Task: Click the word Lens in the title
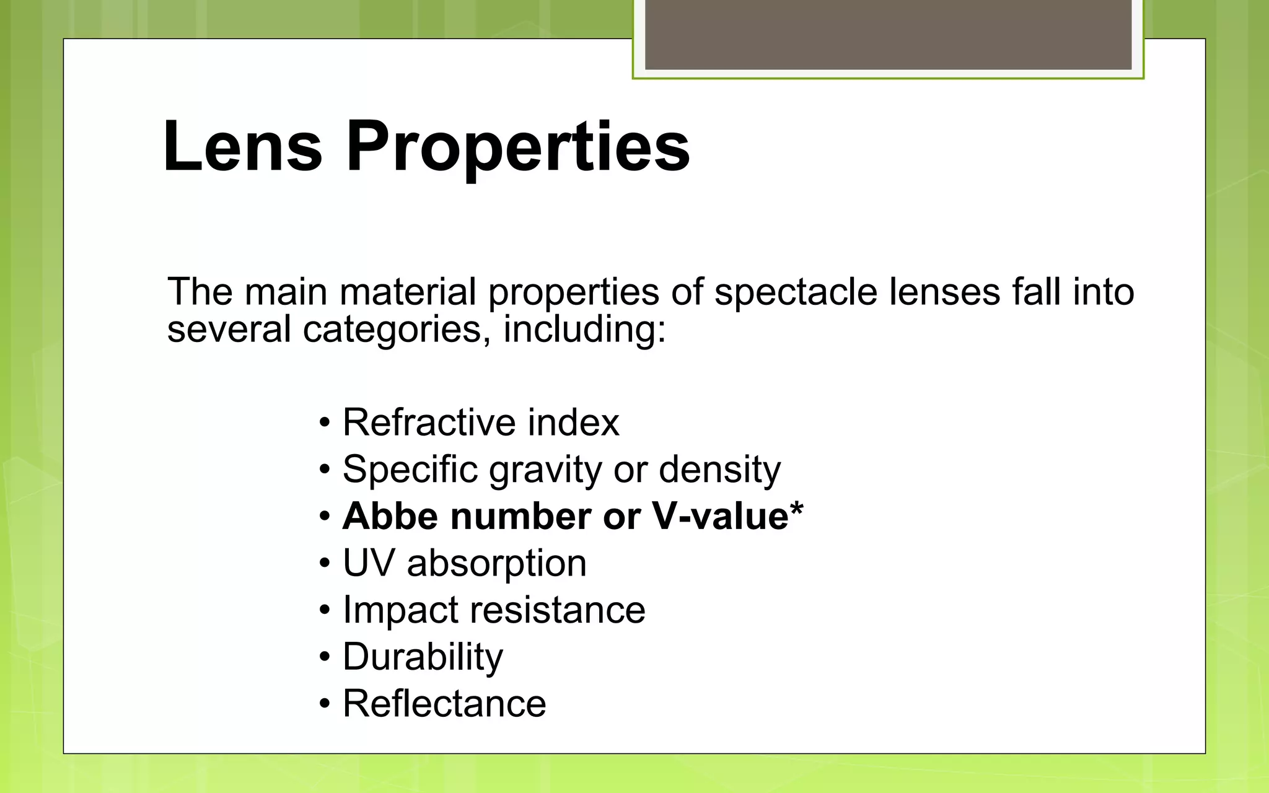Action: click(242, 147)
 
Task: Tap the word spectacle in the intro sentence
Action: click(796, 291)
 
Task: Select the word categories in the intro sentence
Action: click(392, 330)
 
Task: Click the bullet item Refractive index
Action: click(481, 423)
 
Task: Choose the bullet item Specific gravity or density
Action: click(561, 470)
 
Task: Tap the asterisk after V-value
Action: click(797, 509)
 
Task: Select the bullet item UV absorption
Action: click(465, 563)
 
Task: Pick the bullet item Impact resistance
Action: click(494, 610)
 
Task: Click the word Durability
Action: click(423, 657)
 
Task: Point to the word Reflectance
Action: click(444, 704)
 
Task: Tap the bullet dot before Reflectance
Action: click(325, 705)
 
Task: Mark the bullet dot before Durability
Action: click(325, 658)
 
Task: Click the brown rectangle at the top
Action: click(888, 34)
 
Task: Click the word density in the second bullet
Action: click(719, 470)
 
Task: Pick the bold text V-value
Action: click(720, 516)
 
